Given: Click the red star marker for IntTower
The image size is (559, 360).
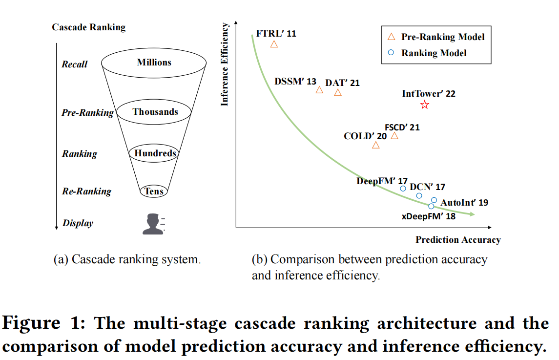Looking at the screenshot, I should pyautogui.click(x=424, y=105).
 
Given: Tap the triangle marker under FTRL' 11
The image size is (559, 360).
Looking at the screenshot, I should pyautogui.click(x=274, y=44).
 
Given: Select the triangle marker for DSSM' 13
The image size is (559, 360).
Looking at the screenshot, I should pyautogui.click(x=319, y=90).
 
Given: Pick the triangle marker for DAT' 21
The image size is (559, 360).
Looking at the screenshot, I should pyautogui.click(x=338, y=92).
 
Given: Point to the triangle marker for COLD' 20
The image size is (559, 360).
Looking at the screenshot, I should pyautogui.click(x=375, y=145).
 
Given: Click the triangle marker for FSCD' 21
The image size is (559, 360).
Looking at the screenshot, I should pyautogui.click(x=394, y=136).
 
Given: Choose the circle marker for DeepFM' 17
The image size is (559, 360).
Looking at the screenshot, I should pyautogui.click(x=403, y=189).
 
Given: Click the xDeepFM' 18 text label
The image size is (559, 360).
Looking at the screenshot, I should pyautogui.click(x=428, y=216).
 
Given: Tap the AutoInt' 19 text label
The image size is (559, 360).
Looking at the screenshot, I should pyautogui.click(x=464, y=202).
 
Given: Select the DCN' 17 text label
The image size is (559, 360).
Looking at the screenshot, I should pyautogui.click(x=427, y=187).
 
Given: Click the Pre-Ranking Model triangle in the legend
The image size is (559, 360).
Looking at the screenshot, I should pyautogui.click(x=391, y=37).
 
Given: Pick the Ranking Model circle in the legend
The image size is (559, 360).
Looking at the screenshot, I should pyautogui.click(x=391, y=53).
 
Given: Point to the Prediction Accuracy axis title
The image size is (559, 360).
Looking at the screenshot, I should pyautogui.click(x=458, y=239).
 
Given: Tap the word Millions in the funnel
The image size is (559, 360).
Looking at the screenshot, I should pyautogui.click(x=154, y=63).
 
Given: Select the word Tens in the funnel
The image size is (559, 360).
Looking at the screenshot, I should pyautogui.click(x=154, y=191).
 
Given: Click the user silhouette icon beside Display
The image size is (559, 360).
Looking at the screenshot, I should pyautogui.click(x=153, y=224).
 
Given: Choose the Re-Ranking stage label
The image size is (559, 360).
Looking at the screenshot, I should pyautogui.click(x=86, y=191).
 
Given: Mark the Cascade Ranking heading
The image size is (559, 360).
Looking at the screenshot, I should pyautogui.click(x=88, y=27).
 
